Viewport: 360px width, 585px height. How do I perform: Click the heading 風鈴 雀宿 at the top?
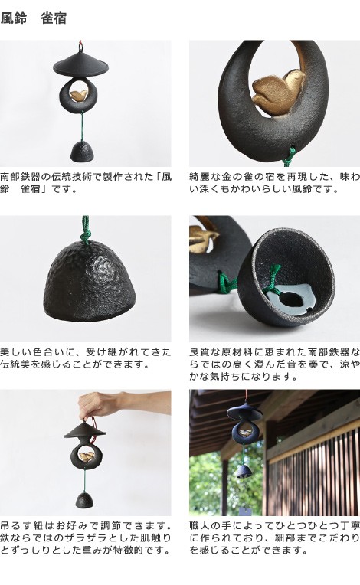tap(34, 18)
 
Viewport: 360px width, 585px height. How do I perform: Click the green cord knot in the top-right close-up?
tap(289, 158)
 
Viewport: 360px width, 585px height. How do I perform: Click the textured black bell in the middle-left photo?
tap(86, 285)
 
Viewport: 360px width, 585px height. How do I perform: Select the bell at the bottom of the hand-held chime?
tap(86, 502)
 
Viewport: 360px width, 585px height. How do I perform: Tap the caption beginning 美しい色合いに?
tap(86, 357)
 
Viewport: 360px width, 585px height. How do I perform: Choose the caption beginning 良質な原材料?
tap(274, 364)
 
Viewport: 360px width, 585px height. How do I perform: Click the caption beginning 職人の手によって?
tap(274, 538)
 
